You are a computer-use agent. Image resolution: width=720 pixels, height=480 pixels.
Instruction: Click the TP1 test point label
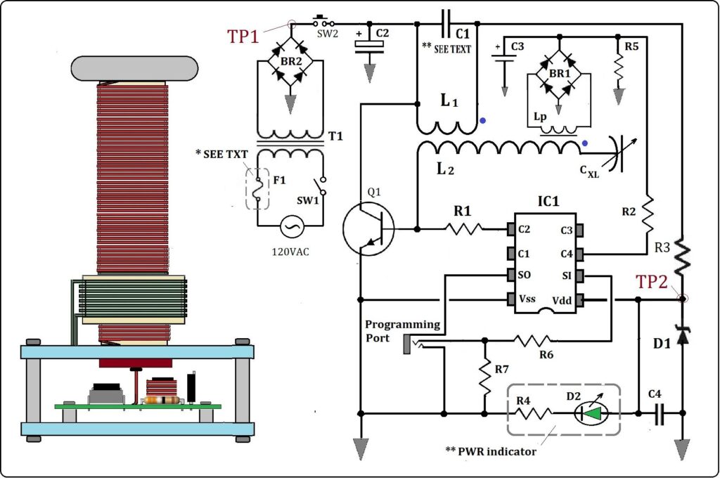243,37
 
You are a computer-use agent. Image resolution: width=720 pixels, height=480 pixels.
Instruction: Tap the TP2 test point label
651,282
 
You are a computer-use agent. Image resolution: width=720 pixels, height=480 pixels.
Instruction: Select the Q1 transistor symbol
368,228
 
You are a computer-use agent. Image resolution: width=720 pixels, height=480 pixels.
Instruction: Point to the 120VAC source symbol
292,226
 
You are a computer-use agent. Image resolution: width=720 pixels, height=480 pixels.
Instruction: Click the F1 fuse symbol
257,189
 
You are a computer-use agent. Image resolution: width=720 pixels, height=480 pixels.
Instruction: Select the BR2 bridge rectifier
290,61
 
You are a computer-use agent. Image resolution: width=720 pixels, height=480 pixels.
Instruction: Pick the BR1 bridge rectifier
559,74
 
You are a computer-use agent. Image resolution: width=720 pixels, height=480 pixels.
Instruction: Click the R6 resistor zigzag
533,340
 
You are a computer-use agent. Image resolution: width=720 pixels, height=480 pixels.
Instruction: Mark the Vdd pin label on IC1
562,301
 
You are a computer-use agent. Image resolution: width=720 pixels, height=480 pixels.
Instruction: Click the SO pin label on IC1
524,275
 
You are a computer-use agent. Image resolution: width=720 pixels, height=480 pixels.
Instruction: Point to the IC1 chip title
548,202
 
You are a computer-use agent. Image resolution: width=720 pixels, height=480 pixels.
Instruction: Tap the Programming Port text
402,331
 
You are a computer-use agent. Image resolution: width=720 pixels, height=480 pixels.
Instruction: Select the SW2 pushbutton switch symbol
323,22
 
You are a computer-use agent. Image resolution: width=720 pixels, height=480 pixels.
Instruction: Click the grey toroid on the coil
134,68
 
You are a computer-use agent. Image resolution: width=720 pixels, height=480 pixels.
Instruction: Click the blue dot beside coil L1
482,121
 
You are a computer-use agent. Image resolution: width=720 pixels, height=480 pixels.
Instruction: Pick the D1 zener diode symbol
682,335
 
